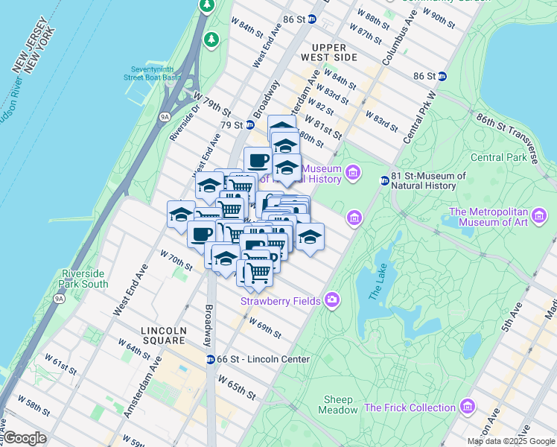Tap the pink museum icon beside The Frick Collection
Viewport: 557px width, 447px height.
[x=467, y=407]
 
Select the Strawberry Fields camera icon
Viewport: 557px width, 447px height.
[x=331, y=300]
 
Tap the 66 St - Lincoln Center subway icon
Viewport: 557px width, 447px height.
[x=211, y=359]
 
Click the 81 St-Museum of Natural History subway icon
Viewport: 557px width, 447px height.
[x=385, y=180]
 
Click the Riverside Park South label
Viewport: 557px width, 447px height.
[x=84, y=279]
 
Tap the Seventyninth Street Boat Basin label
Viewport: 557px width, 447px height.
[x=153, y=76]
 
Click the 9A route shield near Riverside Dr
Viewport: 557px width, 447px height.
[x=165, y=116]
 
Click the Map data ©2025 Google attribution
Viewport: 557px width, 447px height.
[x=510, y=441]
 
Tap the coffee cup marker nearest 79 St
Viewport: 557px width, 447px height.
[x=258, y=159]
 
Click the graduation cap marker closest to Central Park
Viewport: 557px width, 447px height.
[x=310, y=237]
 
